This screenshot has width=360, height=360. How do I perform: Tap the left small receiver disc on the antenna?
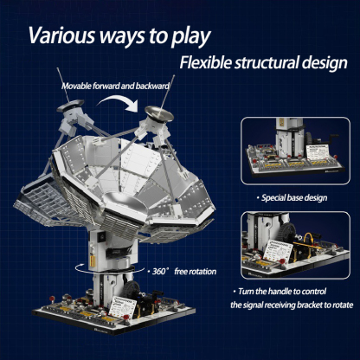73,110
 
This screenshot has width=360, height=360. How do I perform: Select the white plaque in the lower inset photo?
284,252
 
